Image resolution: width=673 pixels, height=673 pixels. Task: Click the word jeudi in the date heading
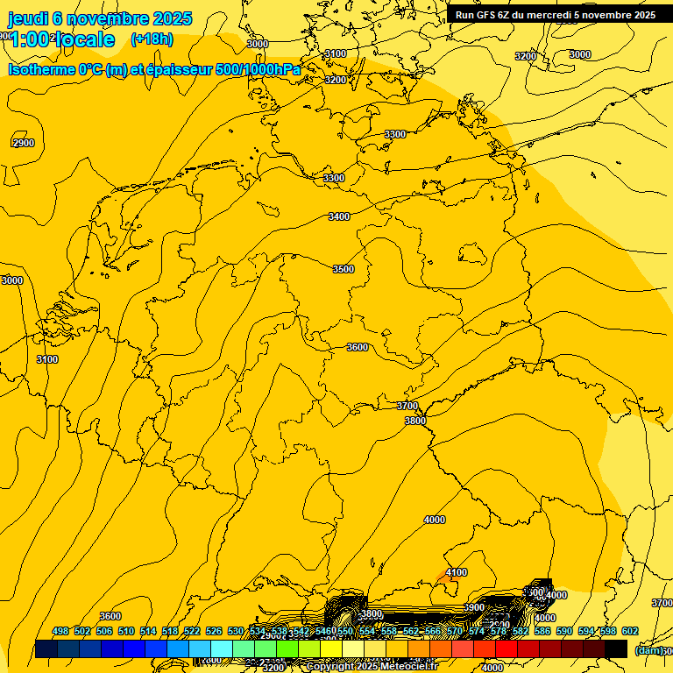coord(27,18)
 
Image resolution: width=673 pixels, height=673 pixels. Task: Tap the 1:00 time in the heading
coord(31,39)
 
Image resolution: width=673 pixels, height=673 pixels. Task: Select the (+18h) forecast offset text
coord(152,39)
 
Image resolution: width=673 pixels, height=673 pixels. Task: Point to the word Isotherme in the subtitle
coord(41,69)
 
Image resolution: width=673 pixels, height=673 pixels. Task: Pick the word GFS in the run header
coord(491,15)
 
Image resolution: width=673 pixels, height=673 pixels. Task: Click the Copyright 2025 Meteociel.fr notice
coord(372,667)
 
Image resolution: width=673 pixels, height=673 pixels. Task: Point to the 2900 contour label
coord(24,143)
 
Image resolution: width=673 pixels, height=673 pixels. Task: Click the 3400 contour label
coord(338,216)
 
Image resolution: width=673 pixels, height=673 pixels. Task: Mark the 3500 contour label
coord(344,269)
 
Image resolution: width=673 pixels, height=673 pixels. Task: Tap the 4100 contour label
coord(456,572)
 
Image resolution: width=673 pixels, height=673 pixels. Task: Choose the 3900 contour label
coord(474,607)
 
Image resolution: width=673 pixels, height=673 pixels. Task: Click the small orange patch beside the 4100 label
coord(441,578)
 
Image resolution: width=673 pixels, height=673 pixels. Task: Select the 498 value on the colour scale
coord(60,631)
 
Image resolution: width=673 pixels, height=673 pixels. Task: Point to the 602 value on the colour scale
coord(630,631)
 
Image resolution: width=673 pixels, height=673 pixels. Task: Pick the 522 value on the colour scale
coord(192,631)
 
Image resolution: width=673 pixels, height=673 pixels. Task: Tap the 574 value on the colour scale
coord(477,631)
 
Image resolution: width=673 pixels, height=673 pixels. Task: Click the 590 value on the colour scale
coord(564,631)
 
